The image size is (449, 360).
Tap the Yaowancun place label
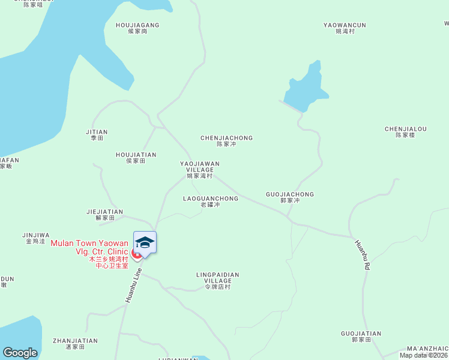point(345,28)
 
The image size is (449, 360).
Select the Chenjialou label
point(405,131)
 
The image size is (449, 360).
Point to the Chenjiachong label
point(226,141)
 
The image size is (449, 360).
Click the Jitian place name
point(97,134)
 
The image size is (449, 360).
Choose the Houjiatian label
point(136,157)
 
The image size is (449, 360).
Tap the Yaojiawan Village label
point(200,169)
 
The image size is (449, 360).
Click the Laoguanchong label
point(210,201)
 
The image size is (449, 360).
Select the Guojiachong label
point(289,197)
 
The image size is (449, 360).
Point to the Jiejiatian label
point(104,214)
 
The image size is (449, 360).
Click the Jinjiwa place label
point(35,238)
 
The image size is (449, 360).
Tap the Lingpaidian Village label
point(217,280)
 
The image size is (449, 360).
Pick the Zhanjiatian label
point(75,343)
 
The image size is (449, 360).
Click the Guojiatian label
point(361,336)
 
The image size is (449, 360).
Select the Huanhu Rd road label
point(361,255)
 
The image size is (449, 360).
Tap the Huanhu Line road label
point(133,286)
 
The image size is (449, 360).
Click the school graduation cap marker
point(145,243)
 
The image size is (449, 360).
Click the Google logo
point(20,353)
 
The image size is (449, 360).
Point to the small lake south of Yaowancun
point(306,88)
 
